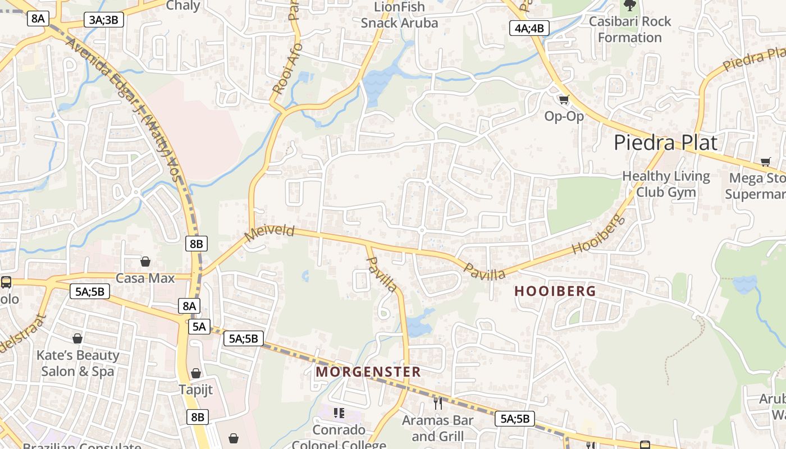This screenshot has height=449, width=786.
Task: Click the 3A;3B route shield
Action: click(x=104, y=20)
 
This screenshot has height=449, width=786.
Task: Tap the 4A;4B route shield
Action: click(x=529, y=28)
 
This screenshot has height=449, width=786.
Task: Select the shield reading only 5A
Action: click(x=199, y=327)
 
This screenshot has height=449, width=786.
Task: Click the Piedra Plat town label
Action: click(x=665, y=143)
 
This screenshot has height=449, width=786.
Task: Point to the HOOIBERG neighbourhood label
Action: click(x=555, y=291)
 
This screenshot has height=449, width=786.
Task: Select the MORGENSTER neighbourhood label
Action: click(x=368, y=372)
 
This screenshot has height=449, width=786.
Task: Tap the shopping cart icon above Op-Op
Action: click(x=564, y=100)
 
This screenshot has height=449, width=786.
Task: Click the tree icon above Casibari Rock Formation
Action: click(x=630, y=6)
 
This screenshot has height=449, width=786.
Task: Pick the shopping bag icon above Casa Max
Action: click(x=145, y=262)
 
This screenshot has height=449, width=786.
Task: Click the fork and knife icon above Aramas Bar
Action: click(x=438, y=402)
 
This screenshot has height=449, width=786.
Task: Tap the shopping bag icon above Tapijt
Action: click(x=196, y=373)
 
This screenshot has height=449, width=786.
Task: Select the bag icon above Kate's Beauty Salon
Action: click(x=77, y=338)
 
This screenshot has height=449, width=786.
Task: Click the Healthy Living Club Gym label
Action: click(x=666, y=184)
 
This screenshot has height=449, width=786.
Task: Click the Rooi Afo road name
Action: click(x=287, y=68)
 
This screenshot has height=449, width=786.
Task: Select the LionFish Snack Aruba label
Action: click(x=399, y=15)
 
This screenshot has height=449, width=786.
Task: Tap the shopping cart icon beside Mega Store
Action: click(x=765, y=162)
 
